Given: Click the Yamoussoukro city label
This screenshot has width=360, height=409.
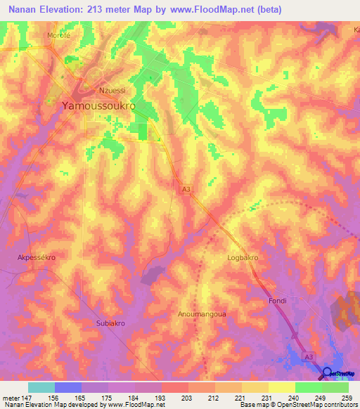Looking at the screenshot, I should (x=98, y=105).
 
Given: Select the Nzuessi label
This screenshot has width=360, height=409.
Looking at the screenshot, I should (x=112, y=90).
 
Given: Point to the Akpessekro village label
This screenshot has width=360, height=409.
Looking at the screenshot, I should (x=36, y=258).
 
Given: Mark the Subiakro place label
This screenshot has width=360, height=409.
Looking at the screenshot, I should (x=110, y=324).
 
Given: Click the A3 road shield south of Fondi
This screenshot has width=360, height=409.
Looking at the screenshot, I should (x=309, y=357).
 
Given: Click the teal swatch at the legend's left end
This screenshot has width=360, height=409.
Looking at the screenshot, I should (x=41, y=387).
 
